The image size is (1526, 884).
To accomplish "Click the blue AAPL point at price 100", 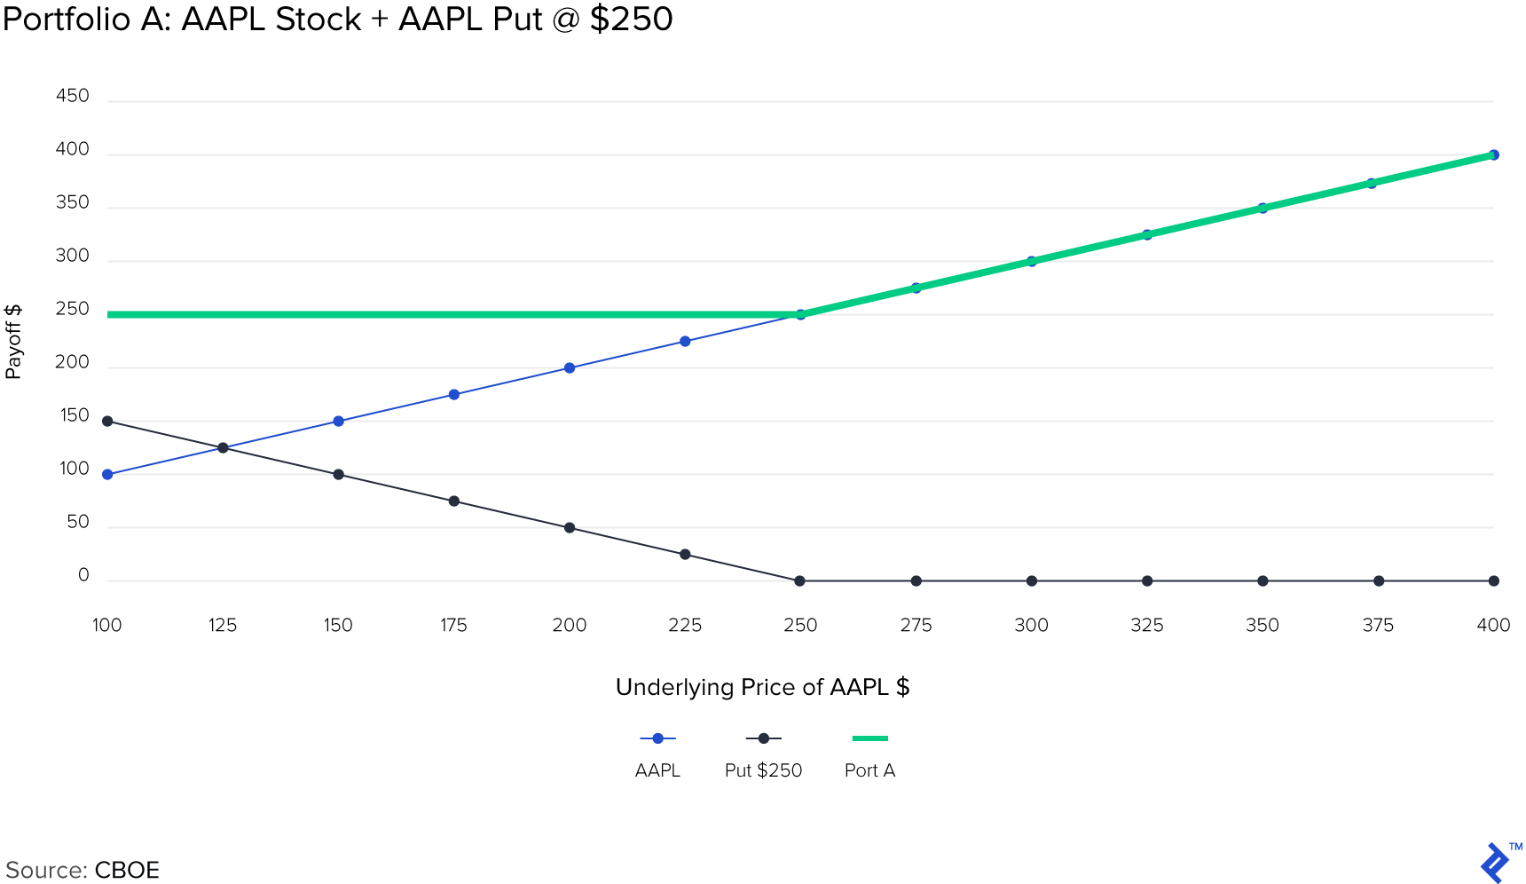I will pyautogui.click(x=107, y=475).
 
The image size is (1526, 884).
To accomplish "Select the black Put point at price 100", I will pyautogui.click(x=107, y=422).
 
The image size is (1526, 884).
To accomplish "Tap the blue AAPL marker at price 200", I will pyautogui.click(x=570, y=368).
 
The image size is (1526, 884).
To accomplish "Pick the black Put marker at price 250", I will pyautogui.click(x=800, y=581).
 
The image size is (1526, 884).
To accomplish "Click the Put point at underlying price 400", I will pyautogui.click(x=1494, y=581).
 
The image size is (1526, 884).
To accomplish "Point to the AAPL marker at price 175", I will pyautogui.click(x=454, y=395).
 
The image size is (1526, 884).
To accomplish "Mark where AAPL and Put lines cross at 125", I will pyautogui.click(x=223, y=448).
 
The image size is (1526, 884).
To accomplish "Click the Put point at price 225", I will pyautogui.click(x=685, y=555).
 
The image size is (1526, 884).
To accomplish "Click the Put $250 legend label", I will pyautogui.click(x=763, y=770).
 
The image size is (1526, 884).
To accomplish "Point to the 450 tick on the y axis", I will pyautogui.click(x=73, y=96).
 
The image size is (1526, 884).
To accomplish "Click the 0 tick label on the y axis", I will pyautogui.click(x=83, y=576).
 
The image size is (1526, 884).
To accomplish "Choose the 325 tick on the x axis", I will pyautogui.click(x=1147, y=626).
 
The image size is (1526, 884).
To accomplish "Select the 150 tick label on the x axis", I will pyautogui.click(x=338, y=626).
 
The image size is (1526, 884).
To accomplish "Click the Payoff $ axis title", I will pyautogui.click(x=13, y=342).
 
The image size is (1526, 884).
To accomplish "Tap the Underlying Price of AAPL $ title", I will pyautogui.click(x=763, y=688).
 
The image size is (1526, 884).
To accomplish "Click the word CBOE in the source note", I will pyautogui.click(x=127, y=870).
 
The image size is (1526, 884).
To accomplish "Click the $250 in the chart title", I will pyautogui.click(x=631, y=19).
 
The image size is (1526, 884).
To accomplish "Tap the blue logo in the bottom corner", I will pyautogui.click(x=1496, y=863).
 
